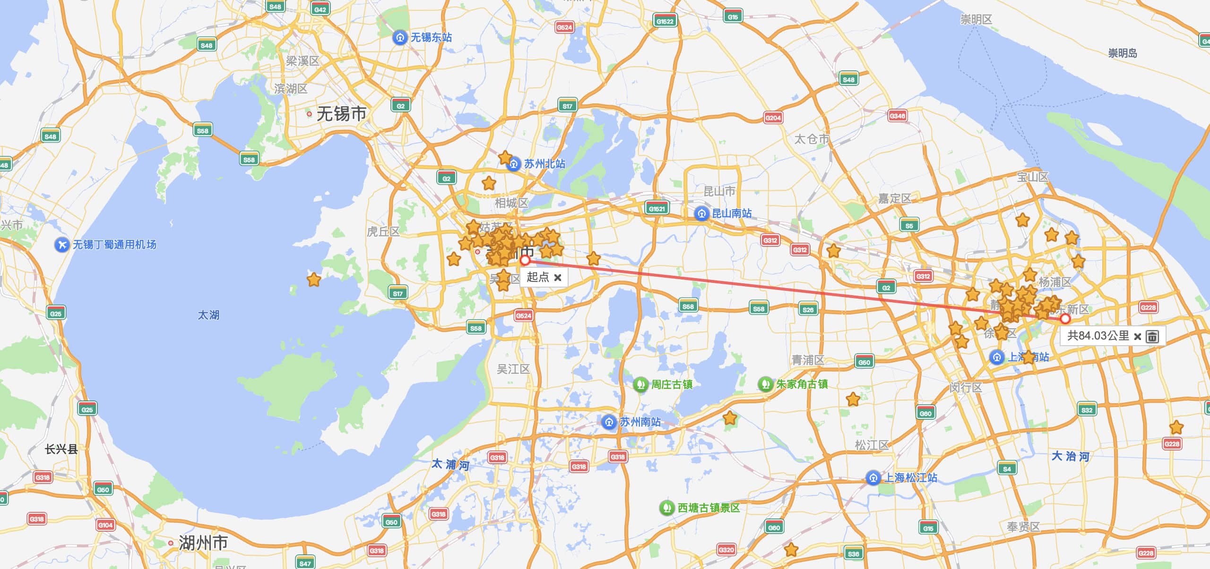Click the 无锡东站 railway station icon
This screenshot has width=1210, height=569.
pos(400,37)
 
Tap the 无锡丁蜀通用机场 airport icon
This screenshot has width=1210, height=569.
pos(62,245)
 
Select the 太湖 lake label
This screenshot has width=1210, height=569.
pos(208,315)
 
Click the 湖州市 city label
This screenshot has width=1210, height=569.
pos(203,543)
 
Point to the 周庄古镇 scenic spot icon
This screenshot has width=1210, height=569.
pos(640,384)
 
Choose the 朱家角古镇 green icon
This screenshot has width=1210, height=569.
pos(765,384)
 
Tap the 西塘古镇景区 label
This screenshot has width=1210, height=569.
pos(709,508)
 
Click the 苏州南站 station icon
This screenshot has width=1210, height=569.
pos(609,422)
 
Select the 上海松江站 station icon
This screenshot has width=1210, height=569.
pos(873,478)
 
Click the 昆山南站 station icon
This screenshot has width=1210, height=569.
pos(701,213)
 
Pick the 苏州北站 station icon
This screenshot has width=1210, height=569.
pos(514,164)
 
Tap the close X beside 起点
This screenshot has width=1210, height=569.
pos(558,278)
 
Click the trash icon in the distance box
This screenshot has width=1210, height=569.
pos(1152,337)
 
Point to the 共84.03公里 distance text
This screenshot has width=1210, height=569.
pos(1098,336)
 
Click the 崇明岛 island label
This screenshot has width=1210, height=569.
pos(1122,53)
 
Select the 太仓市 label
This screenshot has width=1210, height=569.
pos(812,139)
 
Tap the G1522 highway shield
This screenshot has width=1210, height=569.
pos(665,21)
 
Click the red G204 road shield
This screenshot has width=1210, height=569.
pos(773,118)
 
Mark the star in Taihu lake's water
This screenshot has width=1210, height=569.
pos(314,280)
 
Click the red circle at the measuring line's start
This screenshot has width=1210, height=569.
pos(525,261)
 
